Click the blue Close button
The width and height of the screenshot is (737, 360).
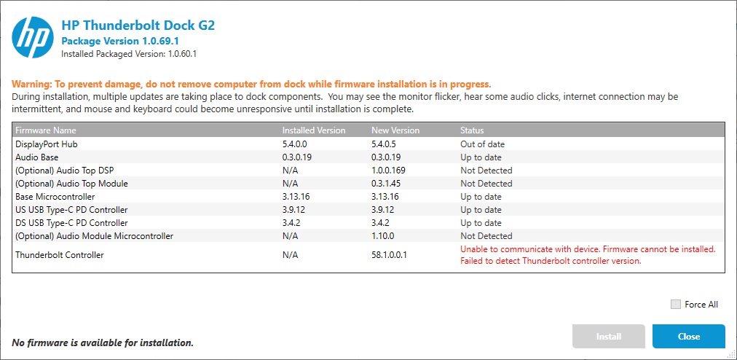pos(688,336)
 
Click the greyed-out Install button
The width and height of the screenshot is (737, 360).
pos(608,336)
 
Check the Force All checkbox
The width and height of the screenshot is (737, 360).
pos(676,304)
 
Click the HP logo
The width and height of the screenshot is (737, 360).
pos(33,38)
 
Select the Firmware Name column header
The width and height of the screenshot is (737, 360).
pos(45,130)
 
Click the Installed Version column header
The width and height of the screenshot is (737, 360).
pos(314,130)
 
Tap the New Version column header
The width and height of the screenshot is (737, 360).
pos(395,130)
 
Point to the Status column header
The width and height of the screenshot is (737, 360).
pos(472,130)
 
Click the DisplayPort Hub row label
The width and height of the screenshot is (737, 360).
pos(46,144)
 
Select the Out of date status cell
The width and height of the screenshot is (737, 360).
pos(482,144)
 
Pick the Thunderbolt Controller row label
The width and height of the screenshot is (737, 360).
pos(60,255)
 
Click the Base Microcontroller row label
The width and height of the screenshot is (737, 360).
pos(55,197)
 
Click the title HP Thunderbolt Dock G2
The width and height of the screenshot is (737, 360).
pos(138,26)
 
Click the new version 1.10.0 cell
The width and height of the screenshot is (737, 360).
pos(383,236)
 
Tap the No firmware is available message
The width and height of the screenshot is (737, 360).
pos(103,342)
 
